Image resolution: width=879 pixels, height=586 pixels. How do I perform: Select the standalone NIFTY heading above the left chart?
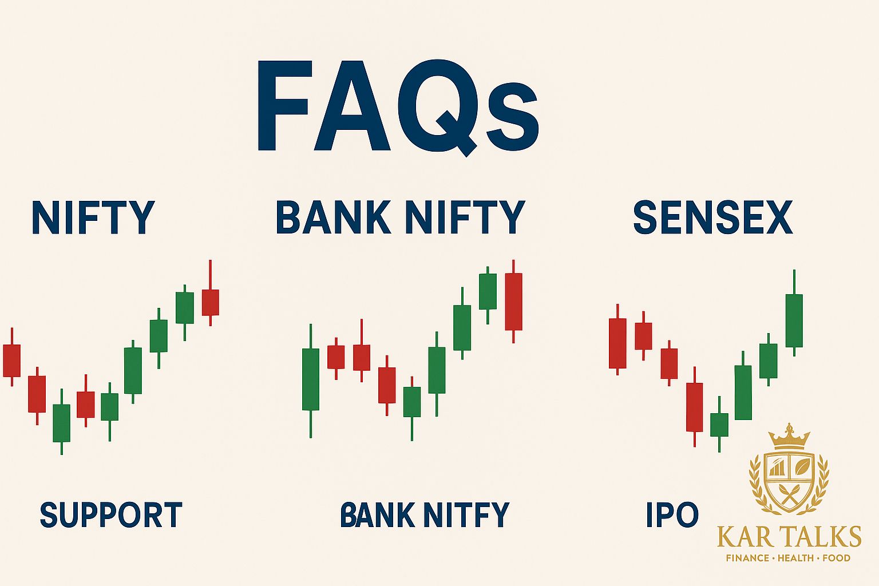[x=93, y=217]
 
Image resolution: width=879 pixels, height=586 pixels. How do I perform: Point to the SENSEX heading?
[x=713, y=217]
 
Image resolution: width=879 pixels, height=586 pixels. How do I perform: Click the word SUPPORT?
[x=111, y=514]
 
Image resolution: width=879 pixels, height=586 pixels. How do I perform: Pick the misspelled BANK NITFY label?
[x=424, y=514]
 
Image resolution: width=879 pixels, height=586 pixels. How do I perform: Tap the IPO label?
[x=672, y=514]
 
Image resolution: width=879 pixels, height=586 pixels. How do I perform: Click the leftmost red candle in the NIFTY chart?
[x=11, y=361]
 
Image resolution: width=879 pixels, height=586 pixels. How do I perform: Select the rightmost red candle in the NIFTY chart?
[x=211, y=302]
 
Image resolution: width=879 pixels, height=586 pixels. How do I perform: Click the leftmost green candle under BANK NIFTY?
[x=311, y=379]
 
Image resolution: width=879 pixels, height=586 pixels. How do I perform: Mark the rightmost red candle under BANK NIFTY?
[x=513, y=302]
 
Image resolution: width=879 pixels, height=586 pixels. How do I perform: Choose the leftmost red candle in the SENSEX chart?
[x=617, y=343]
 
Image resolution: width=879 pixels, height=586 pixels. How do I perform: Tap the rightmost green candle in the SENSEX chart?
[x=794, y=320]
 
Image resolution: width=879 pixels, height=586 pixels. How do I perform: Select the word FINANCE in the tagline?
[x=747, y=558]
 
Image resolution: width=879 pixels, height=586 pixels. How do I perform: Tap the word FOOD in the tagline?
[x=836, y=558]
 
